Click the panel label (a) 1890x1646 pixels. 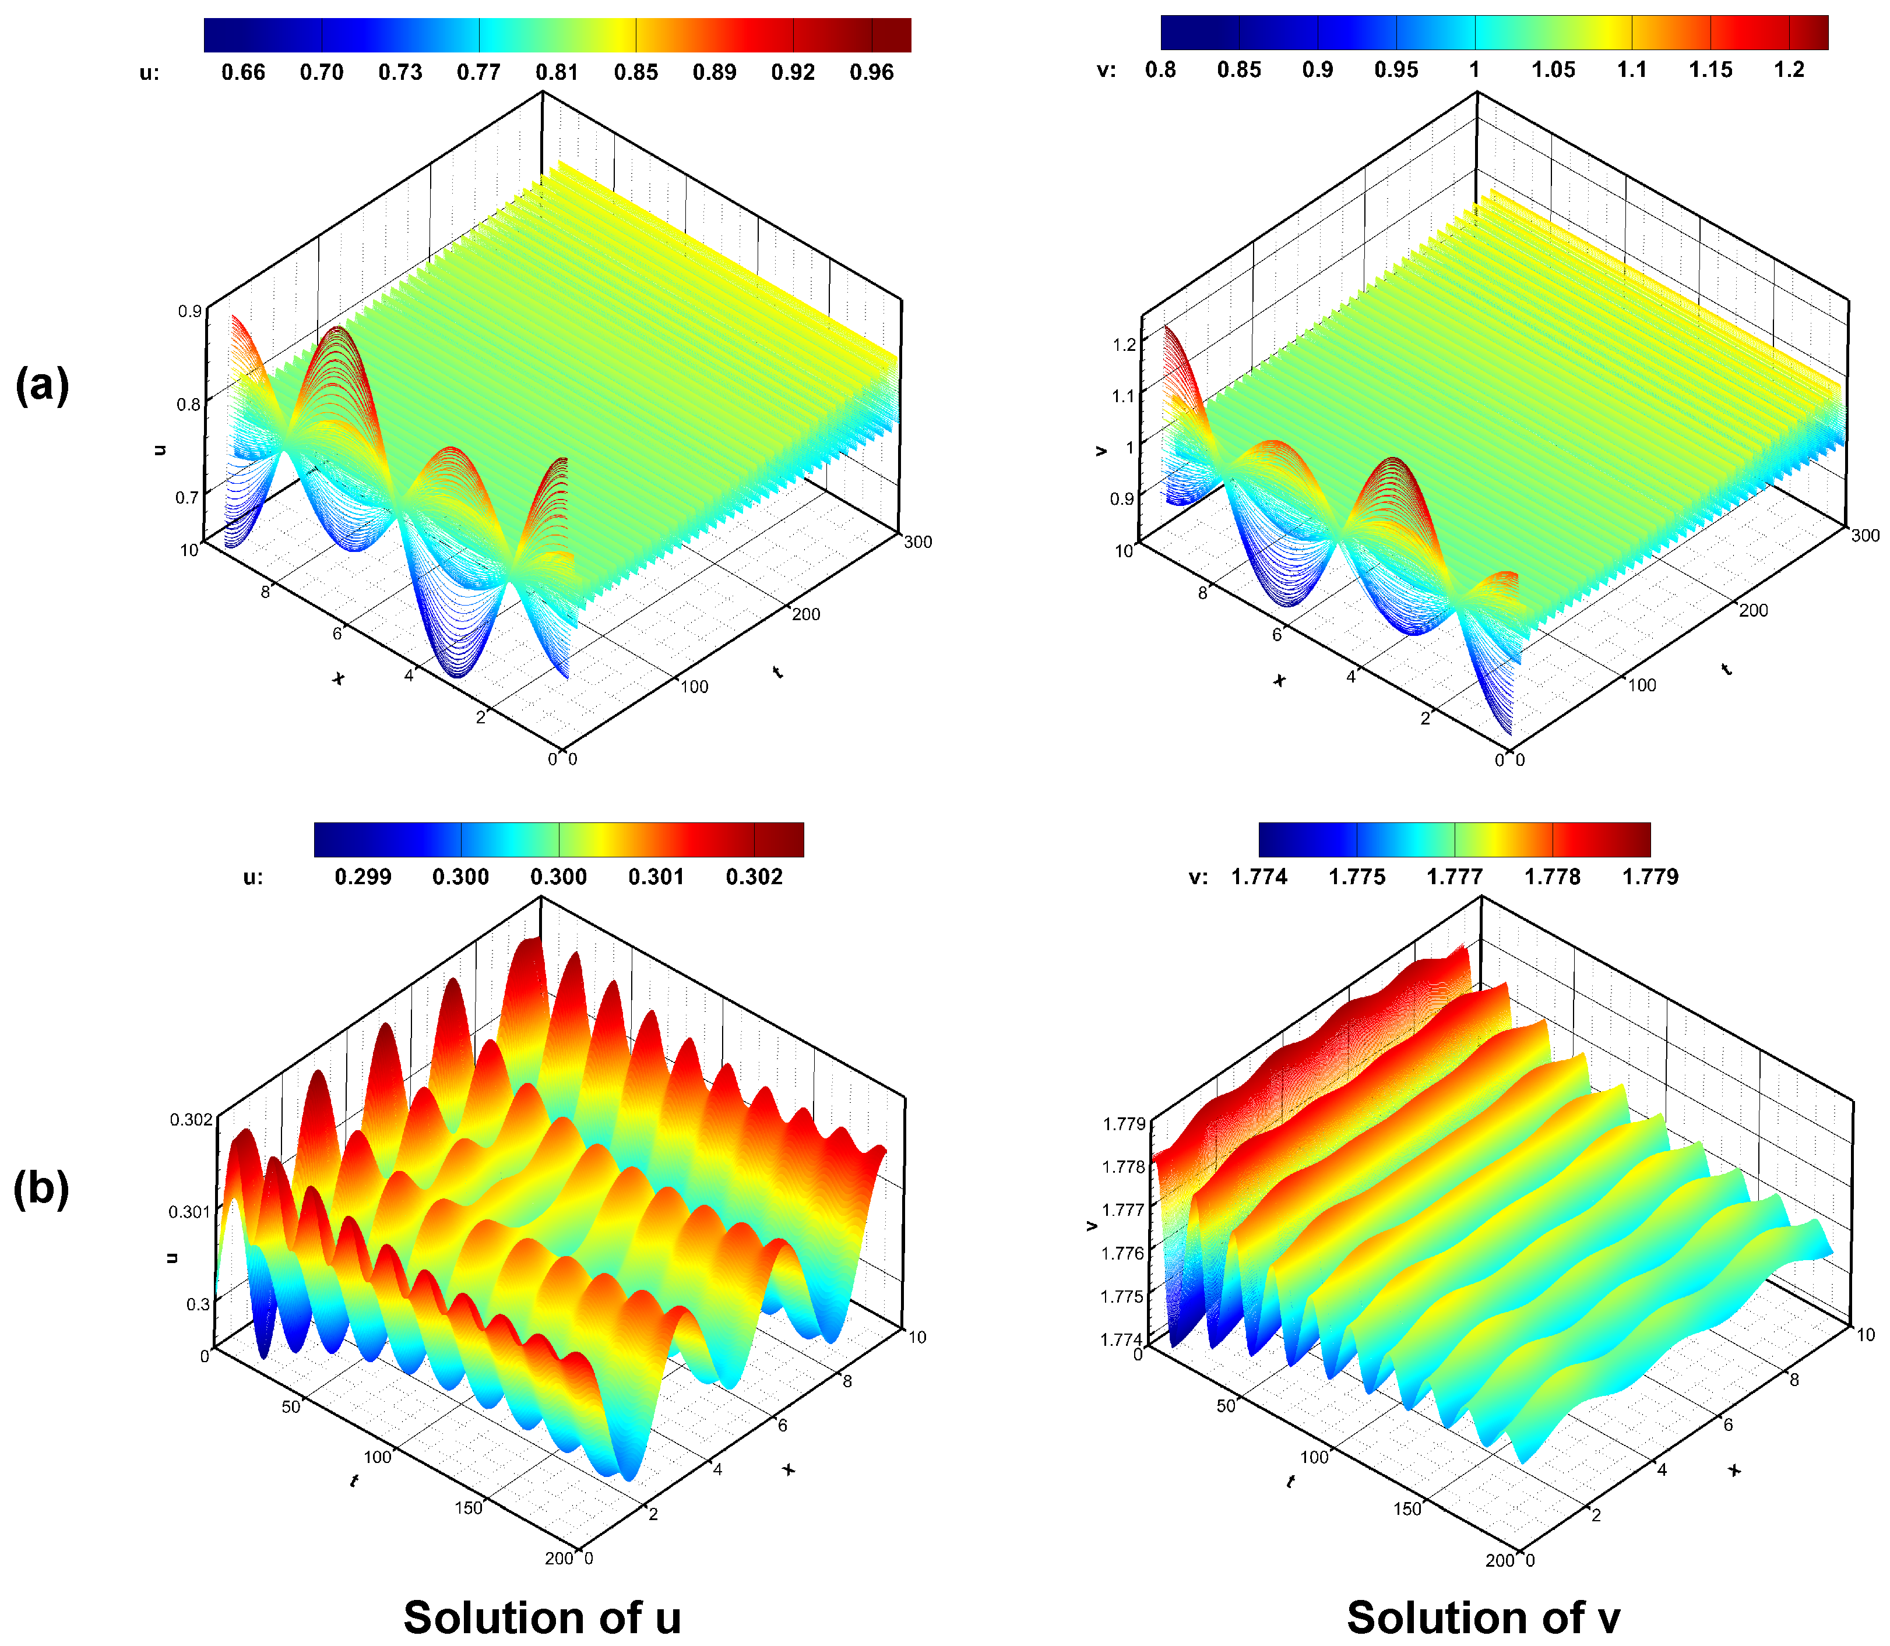[42, 384]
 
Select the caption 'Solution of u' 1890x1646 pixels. [542, 1617]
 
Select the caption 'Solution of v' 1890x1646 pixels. [1483, 1617]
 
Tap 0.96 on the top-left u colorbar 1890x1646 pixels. [871, 72]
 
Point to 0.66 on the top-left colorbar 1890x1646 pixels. [244, 72]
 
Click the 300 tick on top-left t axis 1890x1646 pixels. [917, 542]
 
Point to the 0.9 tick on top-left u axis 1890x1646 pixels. [189, 311]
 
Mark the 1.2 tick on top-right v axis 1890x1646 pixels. [1124, 344]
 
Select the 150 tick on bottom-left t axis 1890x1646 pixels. [469, 1507]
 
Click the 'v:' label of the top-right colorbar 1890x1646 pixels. [1107, 70]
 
